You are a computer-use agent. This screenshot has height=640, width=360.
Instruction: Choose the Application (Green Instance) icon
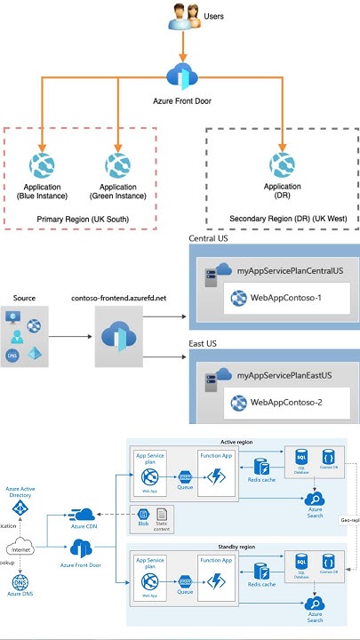click(x=118, y=165)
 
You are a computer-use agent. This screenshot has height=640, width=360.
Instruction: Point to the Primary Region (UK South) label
click(x=82, y=218)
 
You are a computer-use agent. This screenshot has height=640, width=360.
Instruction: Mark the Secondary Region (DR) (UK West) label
click(x=282, y=218)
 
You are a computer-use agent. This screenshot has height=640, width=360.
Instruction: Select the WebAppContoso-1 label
click(x=287, y=298)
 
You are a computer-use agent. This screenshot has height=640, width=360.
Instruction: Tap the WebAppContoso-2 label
click(x=287, y=405)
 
